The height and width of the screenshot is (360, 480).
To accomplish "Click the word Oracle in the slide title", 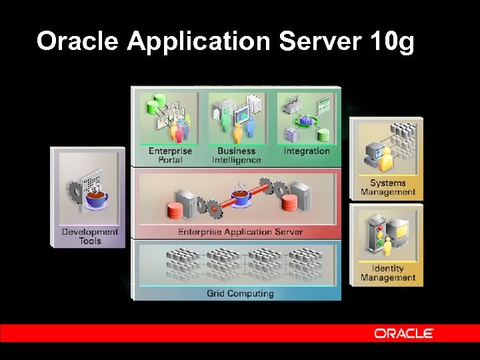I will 77,41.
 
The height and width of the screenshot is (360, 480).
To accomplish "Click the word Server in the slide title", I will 320,41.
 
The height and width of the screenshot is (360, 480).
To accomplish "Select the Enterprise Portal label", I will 170,155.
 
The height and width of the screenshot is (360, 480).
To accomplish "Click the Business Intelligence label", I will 237,155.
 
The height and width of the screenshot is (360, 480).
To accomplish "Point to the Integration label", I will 307,151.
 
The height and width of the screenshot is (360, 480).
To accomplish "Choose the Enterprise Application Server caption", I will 240,232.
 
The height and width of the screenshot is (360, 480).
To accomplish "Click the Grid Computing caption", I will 240,293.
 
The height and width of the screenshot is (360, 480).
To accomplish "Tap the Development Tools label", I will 89,236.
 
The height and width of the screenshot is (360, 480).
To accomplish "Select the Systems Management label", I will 388,187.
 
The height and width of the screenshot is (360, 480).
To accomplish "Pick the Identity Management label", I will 388,273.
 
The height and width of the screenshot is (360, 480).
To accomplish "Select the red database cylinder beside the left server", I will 175,211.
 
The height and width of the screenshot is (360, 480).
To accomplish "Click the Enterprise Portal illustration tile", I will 170,119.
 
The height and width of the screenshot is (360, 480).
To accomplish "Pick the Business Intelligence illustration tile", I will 237,119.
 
